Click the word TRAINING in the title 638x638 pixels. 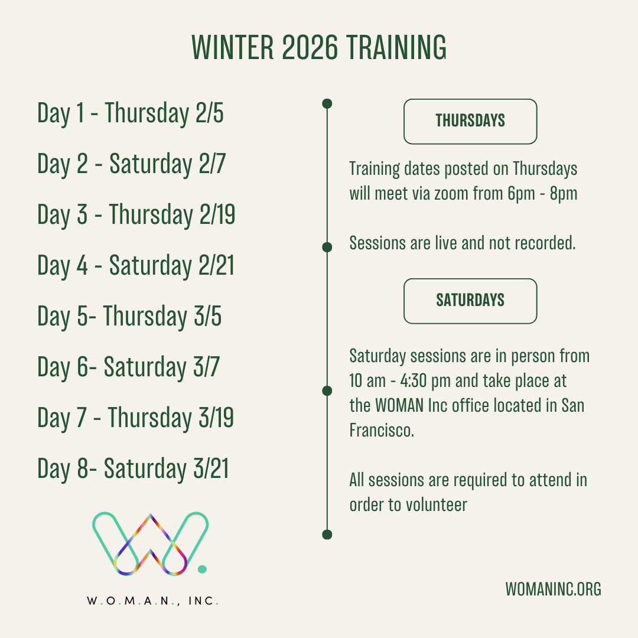pyautogui.click(x=396, y=47)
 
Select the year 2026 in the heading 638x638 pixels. pyautogui.click(x=310, y=47)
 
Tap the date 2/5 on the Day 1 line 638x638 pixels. pyautogui.click(x=210, y=113)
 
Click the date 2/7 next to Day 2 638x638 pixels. pyautogui.click(x=212, y=164)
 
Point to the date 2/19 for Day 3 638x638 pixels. pyautogui.click(x=217, y=214)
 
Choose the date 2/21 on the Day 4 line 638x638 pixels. pyautogui.click(x=216, y=265)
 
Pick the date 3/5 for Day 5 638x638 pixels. pyautogui.click(x=207, y=316)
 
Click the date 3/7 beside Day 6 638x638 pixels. pyautogui.click(x=206, y=367)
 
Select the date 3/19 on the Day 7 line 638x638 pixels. pyautogui.click(x=216, y=418)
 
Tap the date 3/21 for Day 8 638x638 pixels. pyautogui.click(x=211, y=468)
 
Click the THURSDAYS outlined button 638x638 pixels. pyautogui.click(x=470, y=121)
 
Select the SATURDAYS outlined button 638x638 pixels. pyautogui.click(x=470, y=301)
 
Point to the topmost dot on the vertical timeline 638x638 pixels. pyautogui.click(x=327, y=104)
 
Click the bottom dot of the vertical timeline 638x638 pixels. pyautogui.click(x=327, y=535)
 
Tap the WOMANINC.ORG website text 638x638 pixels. pyautogui.click(x=554, y=589)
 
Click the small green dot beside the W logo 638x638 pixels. pyautogui.click(x=202, y=569)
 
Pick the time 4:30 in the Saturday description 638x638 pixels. pyautogui.click(x=414, y=381)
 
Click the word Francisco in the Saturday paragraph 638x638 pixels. pyautogui.click(x=382, y=430)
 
